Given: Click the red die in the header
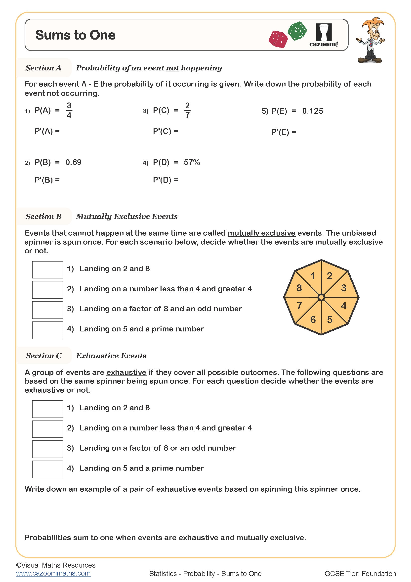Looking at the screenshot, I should [x=278, y=39].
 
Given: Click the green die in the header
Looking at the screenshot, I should [x=298, y=31].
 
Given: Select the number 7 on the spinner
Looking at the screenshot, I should [x=299, y=306].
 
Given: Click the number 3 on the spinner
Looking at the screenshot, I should [x=343, y=288].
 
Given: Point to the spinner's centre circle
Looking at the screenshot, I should [x=321, y=297].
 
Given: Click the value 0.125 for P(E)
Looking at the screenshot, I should [x=313, y=111].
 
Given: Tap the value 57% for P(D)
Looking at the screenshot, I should [x=192, y=162].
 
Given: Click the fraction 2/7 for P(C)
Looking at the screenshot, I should [x=187, y=110].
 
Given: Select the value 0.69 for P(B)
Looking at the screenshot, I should [x=73, y=162].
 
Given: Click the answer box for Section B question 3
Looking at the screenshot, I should [x=47, y=310].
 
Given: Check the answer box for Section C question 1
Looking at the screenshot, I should [x=47, y=409].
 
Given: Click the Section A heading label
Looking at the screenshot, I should [x=43, y=68].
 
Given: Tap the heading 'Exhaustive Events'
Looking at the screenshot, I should [x=111, y=356].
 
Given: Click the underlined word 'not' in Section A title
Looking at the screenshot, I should [x=172, y=68].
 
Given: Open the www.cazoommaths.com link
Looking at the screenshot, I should [x=53, y=573].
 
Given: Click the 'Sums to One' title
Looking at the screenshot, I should [x=76, y=35].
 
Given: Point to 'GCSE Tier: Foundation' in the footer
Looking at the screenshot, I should [x=360, y=573].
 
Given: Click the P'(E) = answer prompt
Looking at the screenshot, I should [x=284, y=132].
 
